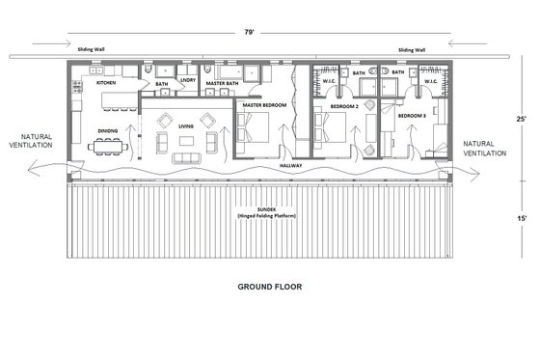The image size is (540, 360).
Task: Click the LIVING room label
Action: click(x=185, y=125)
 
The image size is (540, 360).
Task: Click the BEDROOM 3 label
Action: click(x=412, y=115)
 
